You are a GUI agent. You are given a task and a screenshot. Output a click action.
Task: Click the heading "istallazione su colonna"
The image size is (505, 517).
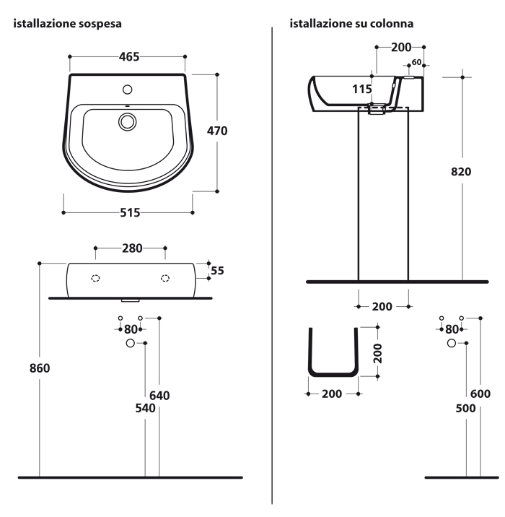pyautogui.click(x=351, y=24)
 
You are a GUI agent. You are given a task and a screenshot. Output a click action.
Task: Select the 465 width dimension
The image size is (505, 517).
pyautogui.click(x=127, y=56)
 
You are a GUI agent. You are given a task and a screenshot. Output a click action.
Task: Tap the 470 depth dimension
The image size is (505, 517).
pyautogui.click(x=216, y=131)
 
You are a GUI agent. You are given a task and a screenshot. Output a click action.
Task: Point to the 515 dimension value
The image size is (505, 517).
pyautogui.click(x=128, y=212)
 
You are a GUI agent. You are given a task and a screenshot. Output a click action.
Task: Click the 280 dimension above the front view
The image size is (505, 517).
pyautogui.click(x=131, y=248)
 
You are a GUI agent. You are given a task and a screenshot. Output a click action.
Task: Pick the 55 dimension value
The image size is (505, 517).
pyautogui.click(x=217, y=271)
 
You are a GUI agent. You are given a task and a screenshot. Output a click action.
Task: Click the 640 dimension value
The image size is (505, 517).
pyautogui.click(x=159, y=395)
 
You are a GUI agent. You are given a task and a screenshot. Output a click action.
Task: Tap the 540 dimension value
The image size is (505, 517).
pyautogui.click(x=146, y=408)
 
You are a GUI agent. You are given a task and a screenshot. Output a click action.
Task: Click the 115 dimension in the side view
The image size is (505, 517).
pyautogui.click(x=362, y=90)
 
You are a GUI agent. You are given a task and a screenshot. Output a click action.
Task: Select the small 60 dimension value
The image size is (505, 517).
pyautogui.click(x=416, y=62)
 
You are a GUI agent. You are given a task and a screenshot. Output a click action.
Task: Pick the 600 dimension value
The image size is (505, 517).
pyautogui.click(x=480, y=394)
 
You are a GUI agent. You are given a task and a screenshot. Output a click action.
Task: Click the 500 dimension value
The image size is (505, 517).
pyautogui.click(x=466, y=408)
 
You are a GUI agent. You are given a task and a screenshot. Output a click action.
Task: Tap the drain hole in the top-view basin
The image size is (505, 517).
pyautogui.click(x=128, y=121)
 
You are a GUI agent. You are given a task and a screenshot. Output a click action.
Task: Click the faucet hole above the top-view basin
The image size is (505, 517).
pyautogui.click(x=128, y=90)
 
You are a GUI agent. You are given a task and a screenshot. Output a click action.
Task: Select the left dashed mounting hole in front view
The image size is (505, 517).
pyautogui.click(x=95, y=278)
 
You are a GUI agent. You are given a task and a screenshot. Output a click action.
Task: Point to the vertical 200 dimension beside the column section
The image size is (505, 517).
pyautogui.click(x=377, y=352)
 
